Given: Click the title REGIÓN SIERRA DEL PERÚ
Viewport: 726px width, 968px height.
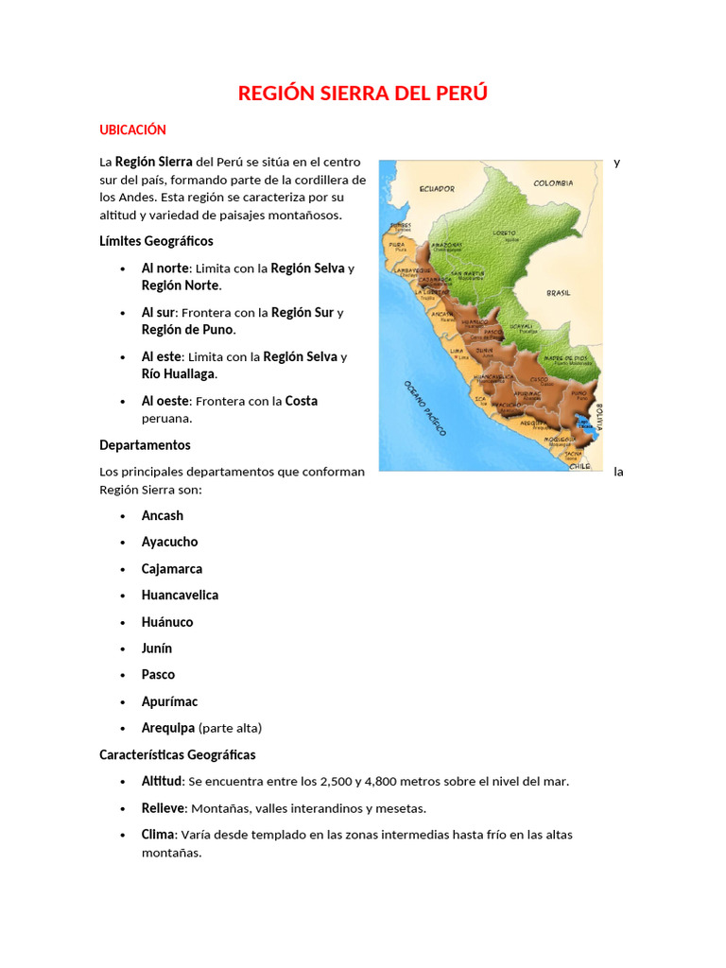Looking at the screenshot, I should [363, 93].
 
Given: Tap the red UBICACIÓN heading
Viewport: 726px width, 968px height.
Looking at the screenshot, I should [132, 130].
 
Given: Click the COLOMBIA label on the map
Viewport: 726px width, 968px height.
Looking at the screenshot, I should [553, 183].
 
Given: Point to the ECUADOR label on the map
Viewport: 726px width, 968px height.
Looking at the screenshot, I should [437, 188].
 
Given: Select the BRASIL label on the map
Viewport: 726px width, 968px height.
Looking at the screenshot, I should [558, 293].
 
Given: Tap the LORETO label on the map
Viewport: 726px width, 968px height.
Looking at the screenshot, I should [504, 232].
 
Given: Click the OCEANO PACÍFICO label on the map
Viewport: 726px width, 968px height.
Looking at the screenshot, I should [424, 406].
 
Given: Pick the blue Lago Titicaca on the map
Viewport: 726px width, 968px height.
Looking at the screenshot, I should [585, 423].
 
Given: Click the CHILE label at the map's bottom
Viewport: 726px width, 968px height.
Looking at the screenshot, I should [579, 465].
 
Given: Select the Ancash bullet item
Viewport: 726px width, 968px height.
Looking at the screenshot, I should [163, 515].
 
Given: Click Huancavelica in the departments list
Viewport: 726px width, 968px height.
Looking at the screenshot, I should [180, 595].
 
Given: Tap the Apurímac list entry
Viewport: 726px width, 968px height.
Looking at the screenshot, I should [169, 701].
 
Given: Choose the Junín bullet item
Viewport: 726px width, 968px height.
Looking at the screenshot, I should [157, 648].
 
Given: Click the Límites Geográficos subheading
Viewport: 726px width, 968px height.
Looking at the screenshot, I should [156, 241].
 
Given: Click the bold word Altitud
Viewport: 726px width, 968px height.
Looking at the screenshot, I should [163, 781].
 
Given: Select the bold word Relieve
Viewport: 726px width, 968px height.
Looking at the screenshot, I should [163, 808].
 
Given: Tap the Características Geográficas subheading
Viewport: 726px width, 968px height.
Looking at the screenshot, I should [177, 754].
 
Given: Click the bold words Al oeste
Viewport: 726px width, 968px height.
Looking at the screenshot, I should [165, 401].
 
